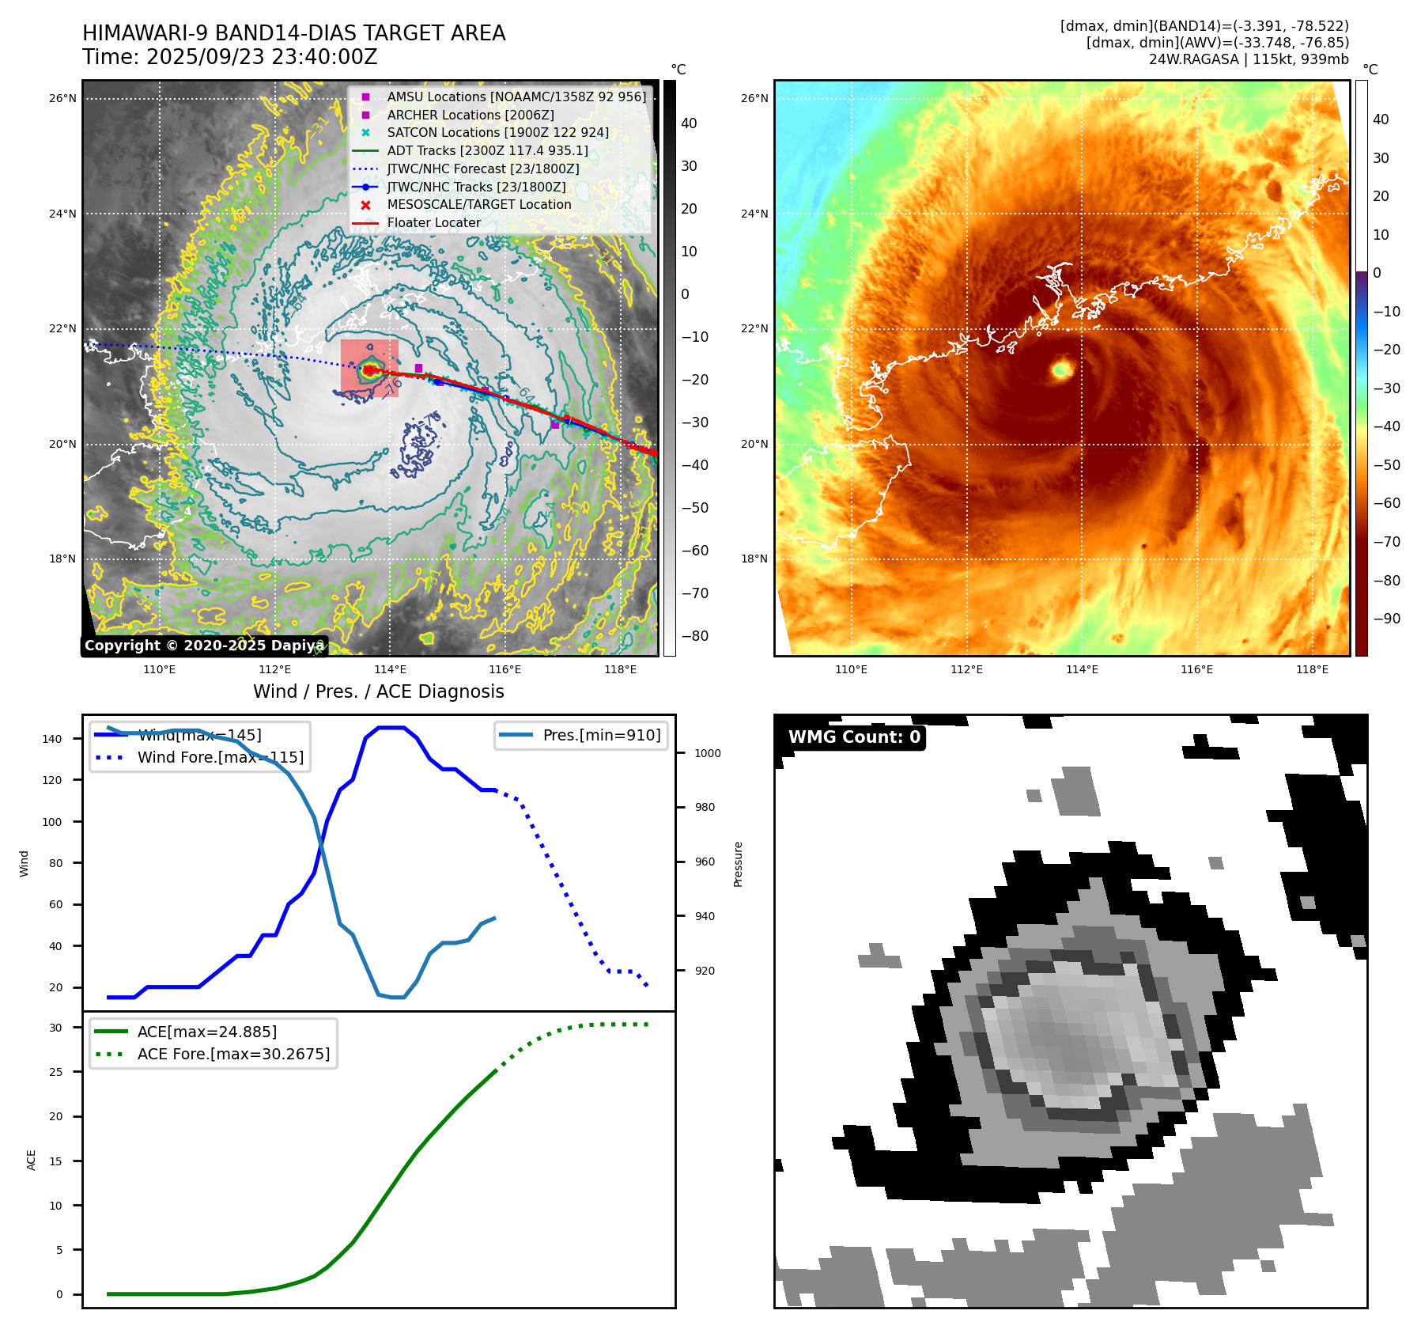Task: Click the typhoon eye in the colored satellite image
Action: click(1061, 369)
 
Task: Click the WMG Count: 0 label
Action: click(854, 737)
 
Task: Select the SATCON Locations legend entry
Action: click(497, 133)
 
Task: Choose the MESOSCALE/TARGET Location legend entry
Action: click(478, 205)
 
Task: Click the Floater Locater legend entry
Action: click(433, 223)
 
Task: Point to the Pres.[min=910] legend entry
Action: click(601, 735)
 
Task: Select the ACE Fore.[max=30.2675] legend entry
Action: click(233, 1054)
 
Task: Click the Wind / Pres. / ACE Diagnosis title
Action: click(378, 691)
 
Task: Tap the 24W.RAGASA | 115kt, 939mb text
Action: click(1249, 59)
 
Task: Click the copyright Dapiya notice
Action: click(204, 646)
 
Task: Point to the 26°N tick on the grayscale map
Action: click(63, 99)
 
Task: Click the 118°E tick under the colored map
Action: click(1312, 669)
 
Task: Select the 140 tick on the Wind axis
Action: click(52, 739)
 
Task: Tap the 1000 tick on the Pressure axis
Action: click(707, 753)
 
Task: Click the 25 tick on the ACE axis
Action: click(55, 1072)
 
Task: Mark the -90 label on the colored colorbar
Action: click(1386, 619)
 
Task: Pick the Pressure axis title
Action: click(738, 864)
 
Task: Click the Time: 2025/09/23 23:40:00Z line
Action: click(230, 58)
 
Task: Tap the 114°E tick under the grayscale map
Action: click(390, 669)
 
